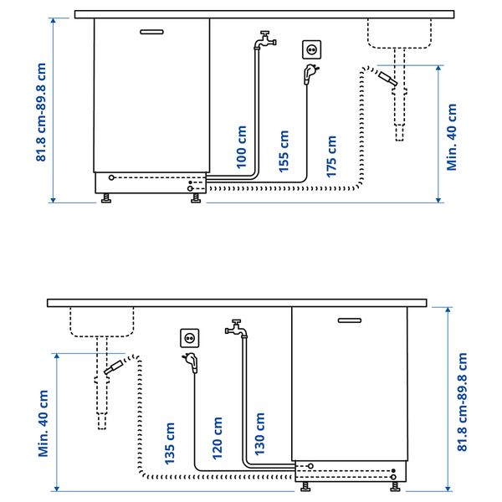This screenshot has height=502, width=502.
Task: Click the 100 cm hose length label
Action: [241, 147]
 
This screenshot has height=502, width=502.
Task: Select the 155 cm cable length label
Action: [284, 151]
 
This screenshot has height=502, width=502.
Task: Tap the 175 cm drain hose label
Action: [331, 156]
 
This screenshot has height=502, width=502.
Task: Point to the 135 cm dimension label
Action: [169, 443]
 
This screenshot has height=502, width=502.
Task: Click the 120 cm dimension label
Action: [217, 438]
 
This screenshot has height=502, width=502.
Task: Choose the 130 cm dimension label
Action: [259, 433]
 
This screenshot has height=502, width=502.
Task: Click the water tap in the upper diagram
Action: [265, 39]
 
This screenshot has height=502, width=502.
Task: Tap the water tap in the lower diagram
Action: [236, 328]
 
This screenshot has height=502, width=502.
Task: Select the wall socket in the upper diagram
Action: [311, 49]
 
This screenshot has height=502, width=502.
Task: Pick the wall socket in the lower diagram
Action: [190, 338]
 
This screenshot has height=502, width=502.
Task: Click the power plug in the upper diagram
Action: [310, 74]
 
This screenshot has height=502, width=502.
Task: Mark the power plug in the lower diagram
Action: [191, 363]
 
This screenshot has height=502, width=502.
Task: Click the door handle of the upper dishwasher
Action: [151, 32]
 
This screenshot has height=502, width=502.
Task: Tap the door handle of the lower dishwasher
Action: [350, 320]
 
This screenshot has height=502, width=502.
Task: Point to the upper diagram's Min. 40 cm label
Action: [452, 137]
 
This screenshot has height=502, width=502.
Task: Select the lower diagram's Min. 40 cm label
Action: [44, 423]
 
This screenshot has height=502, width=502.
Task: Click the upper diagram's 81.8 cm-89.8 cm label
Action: [41, 112]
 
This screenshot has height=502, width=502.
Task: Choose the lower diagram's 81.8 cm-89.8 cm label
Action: [462, 402]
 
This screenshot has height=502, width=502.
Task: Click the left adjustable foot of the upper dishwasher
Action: [106, 198]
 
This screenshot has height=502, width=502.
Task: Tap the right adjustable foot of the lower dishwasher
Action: [395, 487]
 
